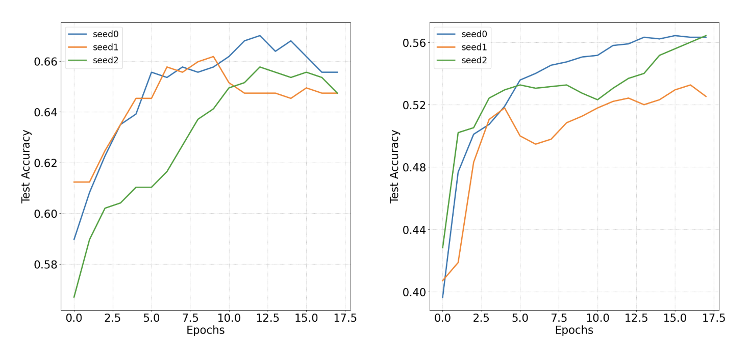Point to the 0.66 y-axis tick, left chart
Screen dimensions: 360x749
[45, 62]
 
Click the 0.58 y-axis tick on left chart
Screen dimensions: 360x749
[45, 265]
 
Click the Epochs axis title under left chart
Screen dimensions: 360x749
[205, 330]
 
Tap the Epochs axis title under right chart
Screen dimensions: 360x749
[574, 330]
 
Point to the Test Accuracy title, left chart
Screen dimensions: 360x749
[27, 166]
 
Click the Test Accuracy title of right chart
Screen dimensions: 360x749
[394, 166]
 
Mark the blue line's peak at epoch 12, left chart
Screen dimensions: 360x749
[260, 36]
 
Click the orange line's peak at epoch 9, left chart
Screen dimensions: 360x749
[213, 57]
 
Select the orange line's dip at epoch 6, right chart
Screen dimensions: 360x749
[535, 144]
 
